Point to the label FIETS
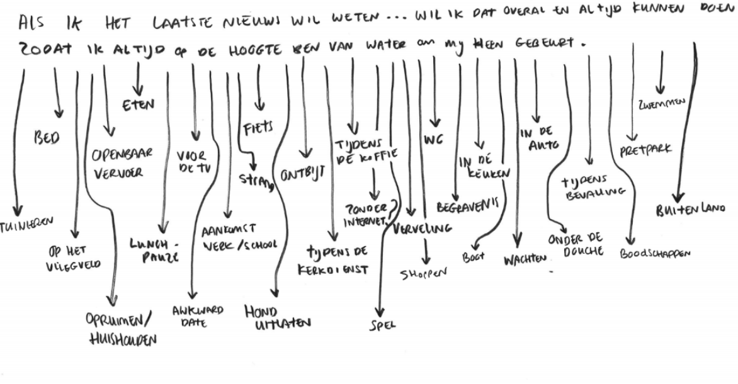coord(258,128)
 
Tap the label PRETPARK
coord(646,150)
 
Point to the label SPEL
coord(380,325)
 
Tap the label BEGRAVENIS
coord(467,206)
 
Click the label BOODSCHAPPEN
coord(655,254)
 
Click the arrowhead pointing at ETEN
coord(137,91)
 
